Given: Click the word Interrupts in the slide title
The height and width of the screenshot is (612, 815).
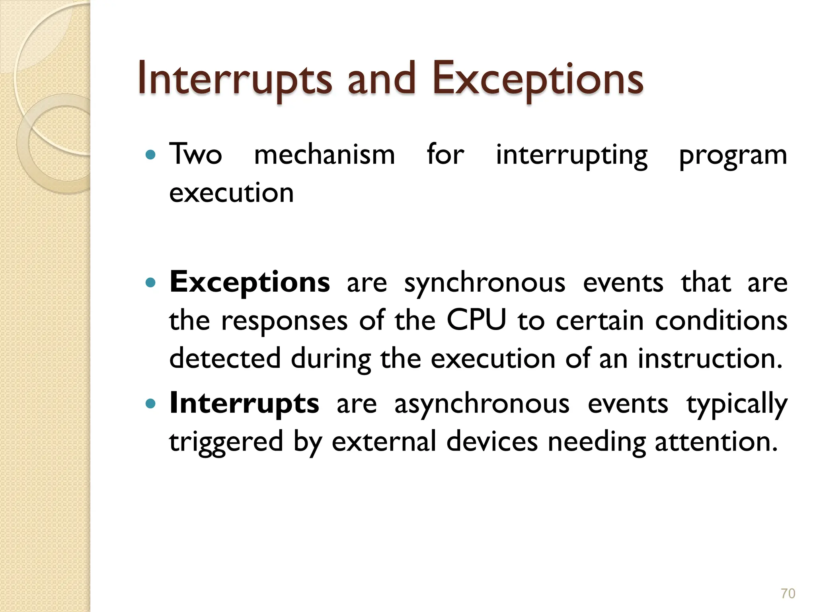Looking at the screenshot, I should pyautogui.click(x=234, y=79).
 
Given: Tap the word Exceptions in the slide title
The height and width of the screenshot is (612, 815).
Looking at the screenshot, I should pyautogui.click(x=537, y=79).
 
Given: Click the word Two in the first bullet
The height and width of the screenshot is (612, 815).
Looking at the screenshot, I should pyautogui.click(x=195, y=154).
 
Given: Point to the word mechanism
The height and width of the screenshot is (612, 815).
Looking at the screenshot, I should pyautogui.click(x=324, y=154).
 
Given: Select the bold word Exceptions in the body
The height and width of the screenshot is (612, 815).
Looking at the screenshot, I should pyautogui.click(x=250, y=282).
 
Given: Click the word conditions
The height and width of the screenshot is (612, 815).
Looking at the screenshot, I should pyautogui.click(x=721, y=320).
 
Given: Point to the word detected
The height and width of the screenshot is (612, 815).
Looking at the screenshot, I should pyautogui.click(x=225, y=358).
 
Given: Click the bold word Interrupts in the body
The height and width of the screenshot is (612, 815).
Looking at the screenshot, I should pyautogui.click(x=244, y=403).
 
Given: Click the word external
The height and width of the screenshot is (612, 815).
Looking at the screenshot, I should pyautogui.click(x=384, y=441).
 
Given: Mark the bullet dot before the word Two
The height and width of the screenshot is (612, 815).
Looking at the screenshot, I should pyautogui.click(x=150, y=155).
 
